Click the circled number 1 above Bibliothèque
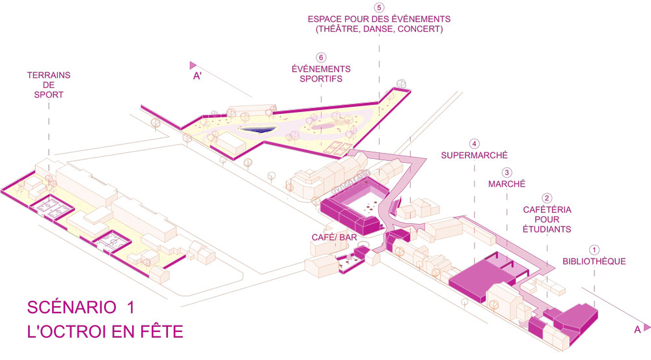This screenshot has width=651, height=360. pyautogui.click(x=593, y=249)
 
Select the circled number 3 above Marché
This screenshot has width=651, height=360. pyautogui.click(x=506, y=173)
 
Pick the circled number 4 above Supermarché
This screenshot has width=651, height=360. pyautogui.click(x=475, y=144)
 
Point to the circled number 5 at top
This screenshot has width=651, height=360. pyautogui.click(x=378, y=7)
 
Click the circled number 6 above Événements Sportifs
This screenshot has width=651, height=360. pyautogui.click(x=321, y=57)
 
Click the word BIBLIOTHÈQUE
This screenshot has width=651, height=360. pyautogui.click(x=594, y=262)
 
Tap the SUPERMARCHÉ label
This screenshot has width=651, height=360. pyautogui.click(x=474, y=156)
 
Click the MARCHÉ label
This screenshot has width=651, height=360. pyautogui.click(x=506, y=184)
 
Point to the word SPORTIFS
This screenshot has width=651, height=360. pyautogui.click(x=321, y=79)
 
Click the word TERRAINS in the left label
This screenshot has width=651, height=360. pyautogui.click(x=48, y=76)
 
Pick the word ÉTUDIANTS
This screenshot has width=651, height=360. pyautogui.click(x=547, y=230)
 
